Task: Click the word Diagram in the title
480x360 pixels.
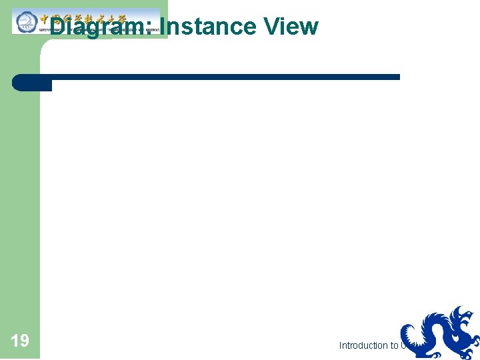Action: pyautogui.click(x=100, y=27)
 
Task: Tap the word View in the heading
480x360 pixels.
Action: pyautogui.click(x=291, y=27)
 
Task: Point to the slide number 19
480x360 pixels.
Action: pyautogui.click(x=20, y=341)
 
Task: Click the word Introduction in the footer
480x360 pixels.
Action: pyautogui.click(x=364, y=345)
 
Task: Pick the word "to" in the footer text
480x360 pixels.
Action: pyautogui.click(x=395, y=345)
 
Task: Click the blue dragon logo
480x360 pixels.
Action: pyautogui.click(x=440, y=333)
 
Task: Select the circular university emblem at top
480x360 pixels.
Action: pyautogui.click(x=25, y=21)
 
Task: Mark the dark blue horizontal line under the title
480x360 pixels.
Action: pyautogui.click(x=220, y=77)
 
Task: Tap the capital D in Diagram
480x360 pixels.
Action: pyautogui.click(x=59, y=27)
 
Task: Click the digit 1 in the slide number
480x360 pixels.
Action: pyautogui.click(x=15, y=341)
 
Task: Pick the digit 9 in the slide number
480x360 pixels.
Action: pyautogui.click(x=24, y=341)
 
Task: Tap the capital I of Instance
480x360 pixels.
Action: pyautogui.click(x=163, y=27)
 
